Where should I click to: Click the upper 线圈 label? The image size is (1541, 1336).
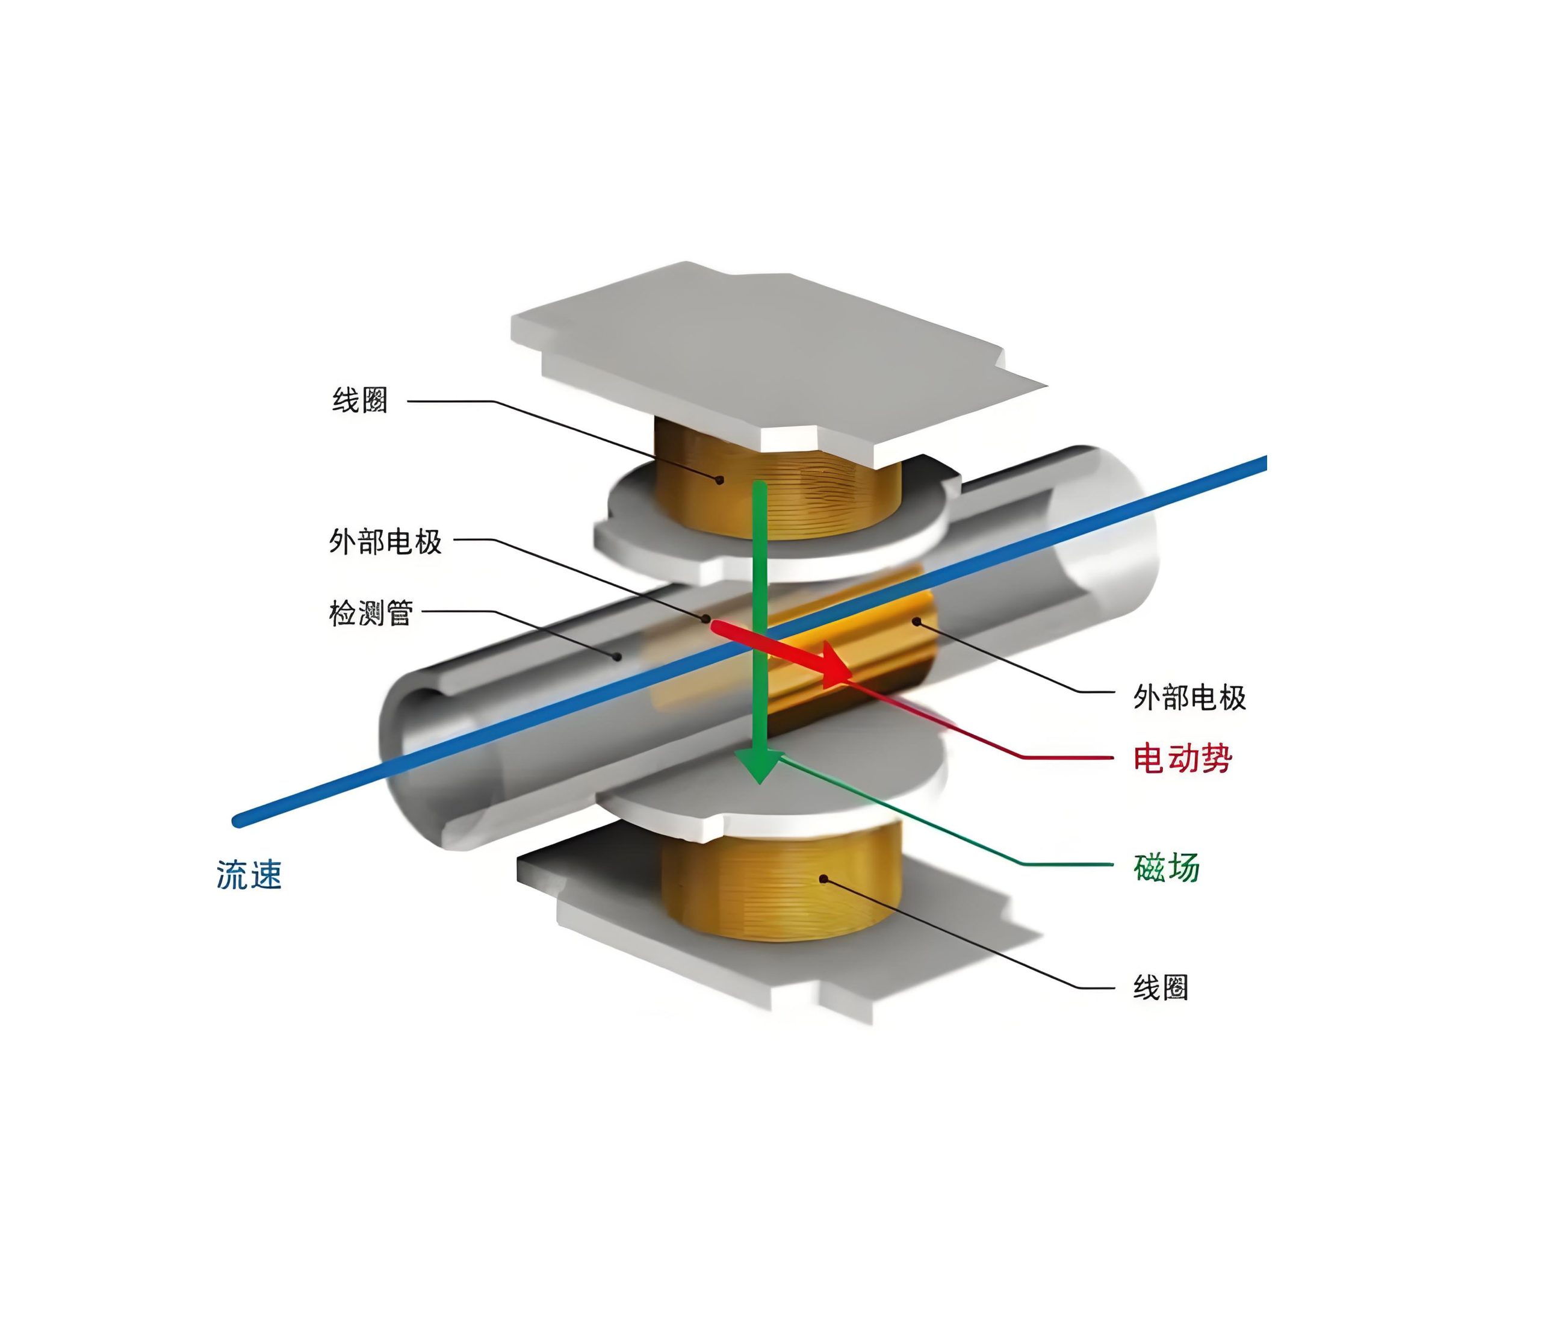pyautogui.click(x=359, y=400)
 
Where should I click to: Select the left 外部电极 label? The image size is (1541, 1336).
pyautogui.click(x=385, y=541)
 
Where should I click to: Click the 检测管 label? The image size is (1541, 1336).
pyautogui.click(x=371, y=613)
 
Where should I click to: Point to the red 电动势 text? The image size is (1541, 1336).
pyautogui.click(x=1182, y=758)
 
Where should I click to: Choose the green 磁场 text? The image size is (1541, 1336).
pyautogui.click(x=1166, y=867)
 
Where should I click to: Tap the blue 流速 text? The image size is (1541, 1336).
pyautogui.click(x=249, y=875)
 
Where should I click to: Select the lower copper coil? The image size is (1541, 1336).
pyautogui.click(x=783, y=891)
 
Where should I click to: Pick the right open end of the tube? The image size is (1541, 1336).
pyautogui.click(x=1103, y=529)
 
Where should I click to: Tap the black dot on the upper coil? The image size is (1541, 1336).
pyautogui.click(x=719, y=480)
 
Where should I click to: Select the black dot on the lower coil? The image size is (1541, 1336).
pyautogui.click(x=823, y=879)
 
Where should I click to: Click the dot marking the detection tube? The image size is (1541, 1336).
pyautogui.click(x=617, y=656)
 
